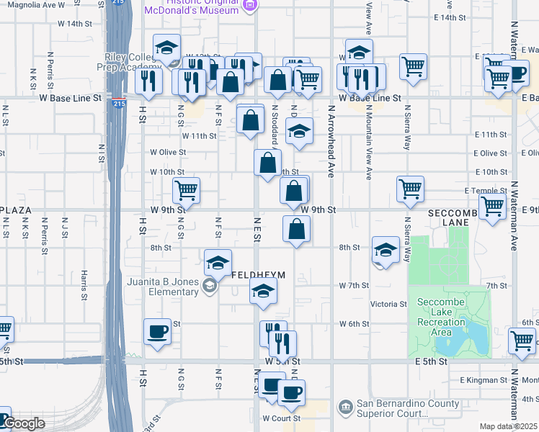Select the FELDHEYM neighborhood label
pos(259,275)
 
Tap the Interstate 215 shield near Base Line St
pos(117,104)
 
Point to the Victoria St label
pos(389,305)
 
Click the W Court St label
pos(280,418)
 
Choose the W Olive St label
pos(168,153)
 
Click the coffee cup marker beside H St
pos(157,331)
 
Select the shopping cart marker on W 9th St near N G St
pos(186,192)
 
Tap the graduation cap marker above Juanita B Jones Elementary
pos(218,264)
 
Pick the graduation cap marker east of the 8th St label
pos(386,251)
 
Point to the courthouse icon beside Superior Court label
pos(345,408)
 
